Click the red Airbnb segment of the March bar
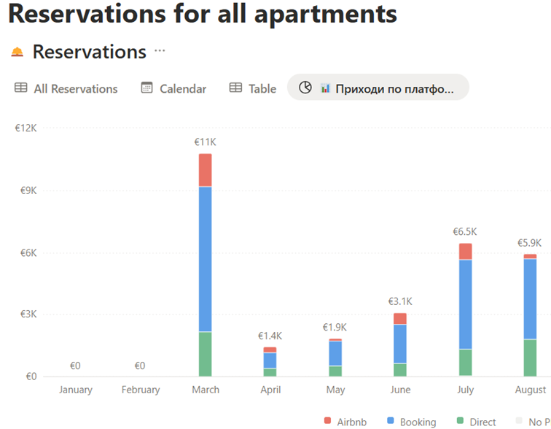click(x=206, y=170)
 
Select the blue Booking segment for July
click(x=465, y=304)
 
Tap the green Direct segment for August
click(x=530, y=358)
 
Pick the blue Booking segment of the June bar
click(x=400, y=344)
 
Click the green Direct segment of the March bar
click(x=206, y=354)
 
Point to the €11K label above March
click(x=206, y=142)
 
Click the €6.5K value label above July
click(x=465, y=232)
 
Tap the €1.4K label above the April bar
click(x=270, y=336)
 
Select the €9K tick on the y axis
click(x=28, y=190)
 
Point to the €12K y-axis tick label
click(x=26, y=128)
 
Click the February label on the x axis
click(x=141, y=390)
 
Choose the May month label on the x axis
click(x=335, y=390)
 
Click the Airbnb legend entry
click(x=345, y=422)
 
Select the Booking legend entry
click(x=412, y=422)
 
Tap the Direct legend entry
click(x=476, y=422)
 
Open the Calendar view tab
click(x=173, y=88)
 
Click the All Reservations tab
click(x=66, y=88)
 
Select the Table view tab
click(x=253, y=88)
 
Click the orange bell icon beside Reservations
click(x=17, y=52)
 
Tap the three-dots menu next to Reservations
click(x=160, y=50)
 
